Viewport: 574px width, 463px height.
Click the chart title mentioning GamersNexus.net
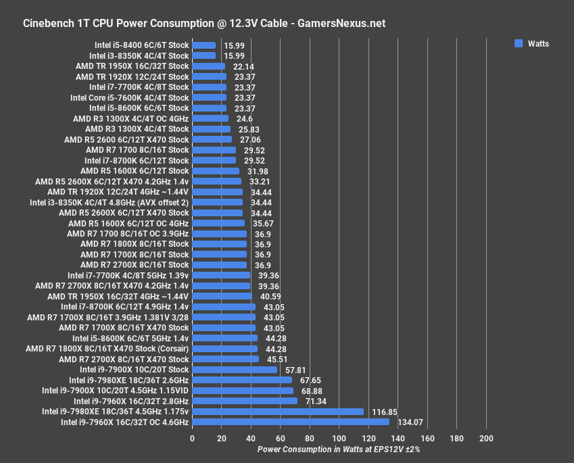(204, 23)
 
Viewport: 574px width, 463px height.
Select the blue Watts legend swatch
(519, 43)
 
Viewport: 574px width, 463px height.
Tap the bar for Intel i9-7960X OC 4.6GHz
(291, 422)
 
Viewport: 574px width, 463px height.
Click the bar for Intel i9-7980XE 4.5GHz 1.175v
(278, 411)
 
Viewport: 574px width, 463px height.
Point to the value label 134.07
(408, 422)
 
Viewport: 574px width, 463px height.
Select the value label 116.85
(383, 411)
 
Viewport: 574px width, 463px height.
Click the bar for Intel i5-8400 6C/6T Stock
(204, 45)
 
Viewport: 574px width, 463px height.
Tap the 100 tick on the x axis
(339, 439)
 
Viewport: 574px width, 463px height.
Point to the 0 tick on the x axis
(193, 439)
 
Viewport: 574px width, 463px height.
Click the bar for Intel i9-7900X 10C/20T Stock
(235, 370)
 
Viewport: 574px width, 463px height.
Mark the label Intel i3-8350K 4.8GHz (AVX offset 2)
(110, 202)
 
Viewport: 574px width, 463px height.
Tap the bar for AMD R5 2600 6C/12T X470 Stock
(212, 139)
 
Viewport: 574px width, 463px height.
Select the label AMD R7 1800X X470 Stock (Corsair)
(107, 349)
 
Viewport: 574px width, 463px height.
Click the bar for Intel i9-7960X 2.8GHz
(245, 401)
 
